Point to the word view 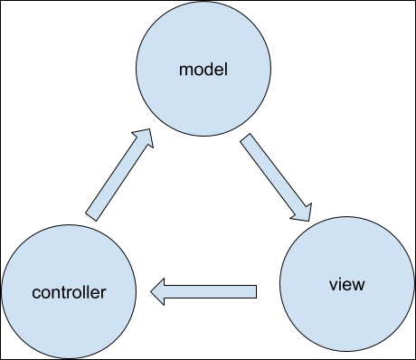coord(347,285)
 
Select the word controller coord(70,293)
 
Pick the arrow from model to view coord(277,179)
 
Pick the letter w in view coord(358,286)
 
